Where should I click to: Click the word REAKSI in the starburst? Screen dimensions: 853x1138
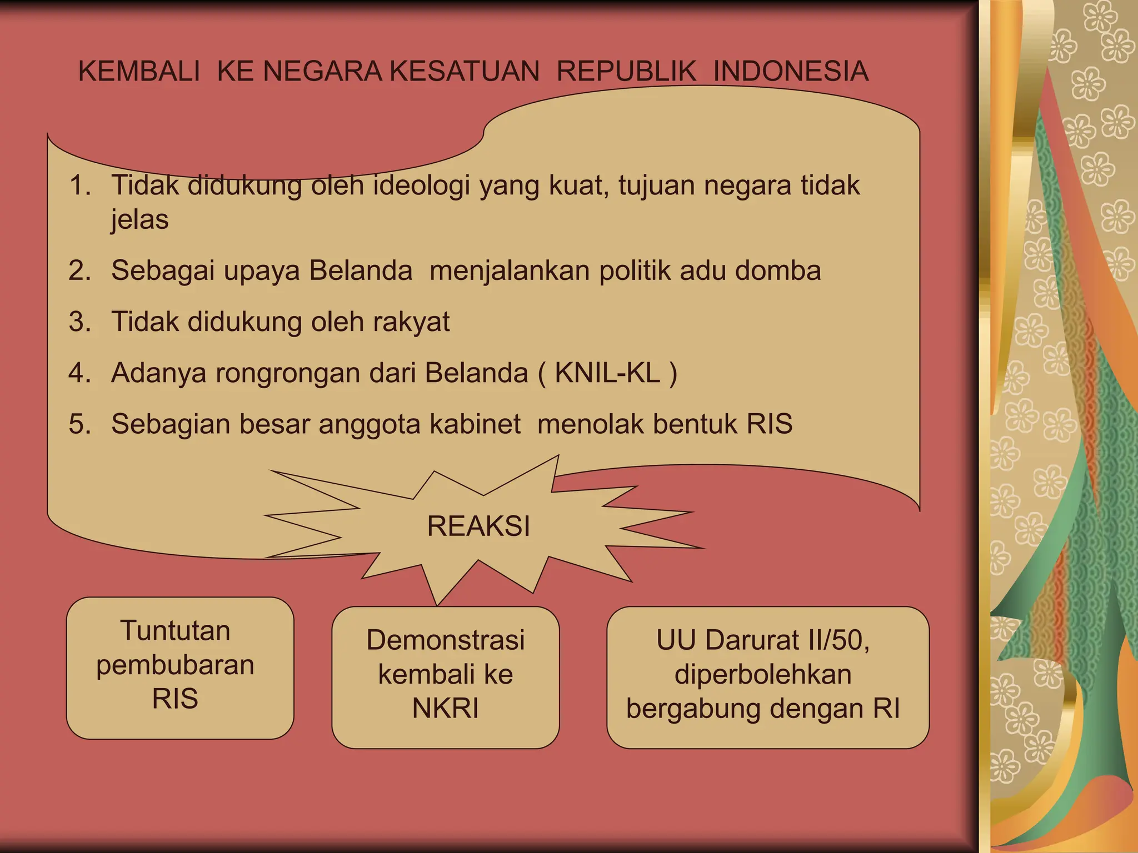[x=478, y=526]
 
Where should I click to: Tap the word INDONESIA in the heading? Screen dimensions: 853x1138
[x=791, y=72]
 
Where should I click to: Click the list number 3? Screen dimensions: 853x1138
[x=79, y=322]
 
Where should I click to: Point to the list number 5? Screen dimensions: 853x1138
[x=79, y=424]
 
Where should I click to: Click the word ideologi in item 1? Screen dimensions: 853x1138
[x=422, y=185]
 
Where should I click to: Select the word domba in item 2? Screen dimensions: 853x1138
[x=778, y=271]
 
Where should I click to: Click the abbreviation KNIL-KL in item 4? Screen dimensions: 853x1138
[x=607, y=373]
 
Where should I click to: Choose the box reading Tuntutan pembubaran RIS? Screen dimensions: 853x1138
[x=180, y=668]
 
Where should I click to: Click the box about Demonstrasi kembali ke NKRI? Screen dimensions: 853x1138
[x=445, y=677]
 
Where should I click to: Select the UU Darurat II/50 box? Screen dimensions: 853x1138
[x=767, y=677]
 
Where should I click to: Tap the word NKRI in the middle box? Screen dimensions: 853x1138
[x=445, y=709]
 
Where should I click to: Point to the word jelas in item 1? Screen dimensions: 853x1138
[x=139, y=219]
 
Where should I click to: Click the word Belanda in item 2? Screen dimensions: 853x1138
[x=361, y=271]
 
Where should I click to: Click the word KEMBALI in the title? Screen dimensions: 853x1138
[x=139, y=72]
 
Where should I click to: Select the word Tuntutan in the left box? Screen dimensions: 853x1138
[x=175, y=631]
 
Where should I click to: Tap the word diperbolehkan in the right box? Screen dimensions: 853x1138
[x=763, y=675]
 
